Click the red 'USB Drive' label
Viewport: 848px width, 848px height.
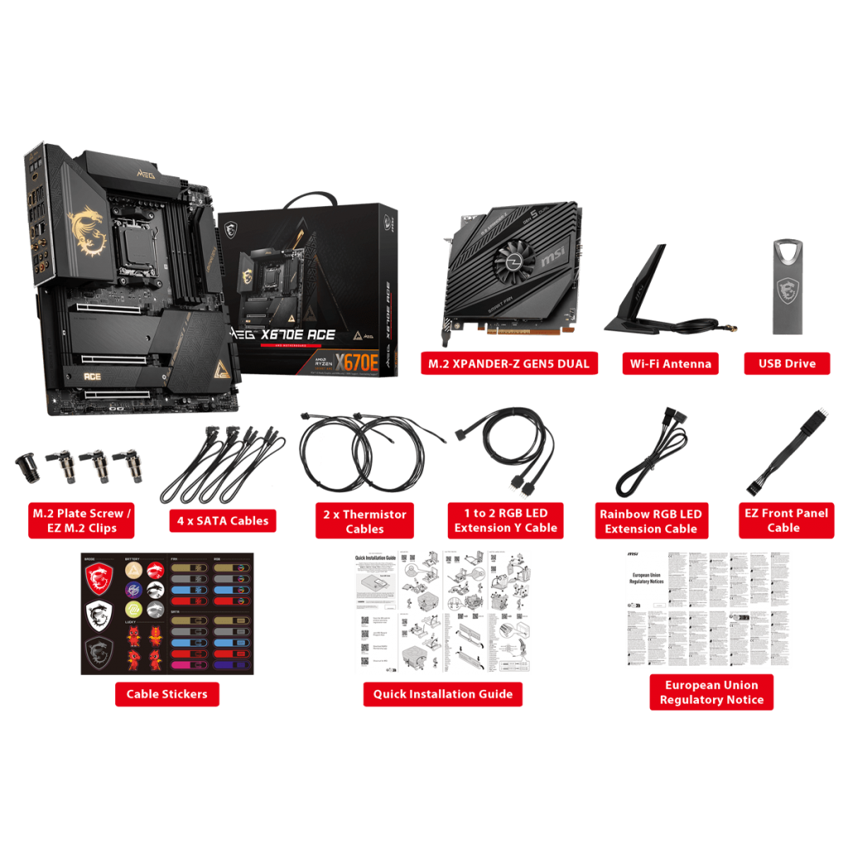pos(787,363)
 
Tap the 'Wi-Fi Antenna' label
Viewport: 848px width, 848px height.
pos(670,363)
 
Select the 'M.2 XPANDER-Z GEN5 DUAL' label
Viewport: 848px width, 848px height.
pos(508,363)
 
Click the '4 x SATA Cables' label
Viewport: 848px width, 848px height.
pos(223,521)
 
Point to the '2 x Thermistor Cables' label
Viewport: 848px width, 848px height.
pos(364,521)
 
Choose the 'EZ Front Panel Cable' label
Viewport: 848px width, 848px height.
pos(783,520)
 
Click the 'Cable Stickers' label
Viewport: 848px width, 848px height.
pos(166,694)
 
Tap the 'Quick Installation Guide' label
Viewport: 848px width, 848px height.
pos(442,694)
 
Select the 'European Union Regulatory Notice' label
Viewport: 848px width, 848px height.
pos(711,692)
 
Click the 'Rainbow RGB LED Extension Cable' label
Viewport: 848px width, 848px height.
pos(651,521)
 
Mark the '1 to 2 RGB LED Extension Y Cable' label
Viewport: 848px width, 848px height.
pos(506,520)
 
